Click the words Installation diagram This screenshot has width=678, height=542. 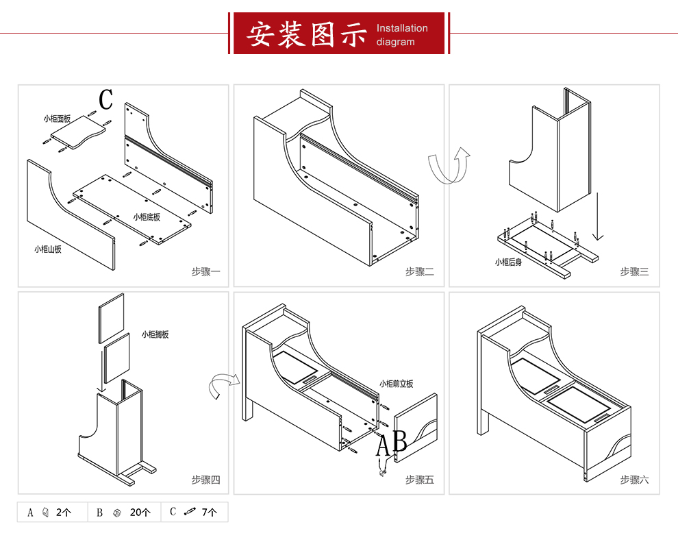click(x=402, y=35)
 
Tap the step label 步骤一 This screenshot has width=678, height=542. click(x=205, y=272)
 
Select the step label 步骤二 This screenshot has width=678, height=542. click(x=419, y=272)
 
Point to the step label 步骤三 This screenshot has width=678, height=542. click(x=634, y=272)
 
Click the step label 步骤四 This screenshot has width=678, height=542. click(x=205, y=480)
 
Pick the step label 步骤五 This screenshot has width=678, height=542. click(x=419, y=480)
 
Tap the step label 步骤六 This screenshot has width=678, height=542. click(x=634, y=480)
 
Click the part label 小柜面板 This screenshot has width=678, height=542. click(x=57, y=119)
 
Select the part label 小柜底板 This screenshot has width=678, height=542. click(x=147, y=217)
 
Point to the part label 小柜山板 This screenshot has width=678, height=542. click(x=48, y=249)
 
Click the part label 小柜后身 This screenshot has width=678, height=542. click(x=508, y=262)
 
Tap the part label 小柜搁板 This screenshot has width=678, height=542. click(x=155, y=335)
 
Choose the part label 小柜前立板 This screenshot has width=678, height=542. click(x=397, y=384)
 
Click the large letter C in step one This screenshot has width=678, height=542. click(x=105, y=100)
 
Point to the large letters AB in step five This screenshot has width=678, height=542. click(x=392, y=444)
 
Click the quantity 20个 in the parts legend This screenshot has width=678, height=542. click(x=140, y=513)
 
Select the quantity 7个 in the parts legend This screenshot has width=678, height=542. click(x=210, y=513)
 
